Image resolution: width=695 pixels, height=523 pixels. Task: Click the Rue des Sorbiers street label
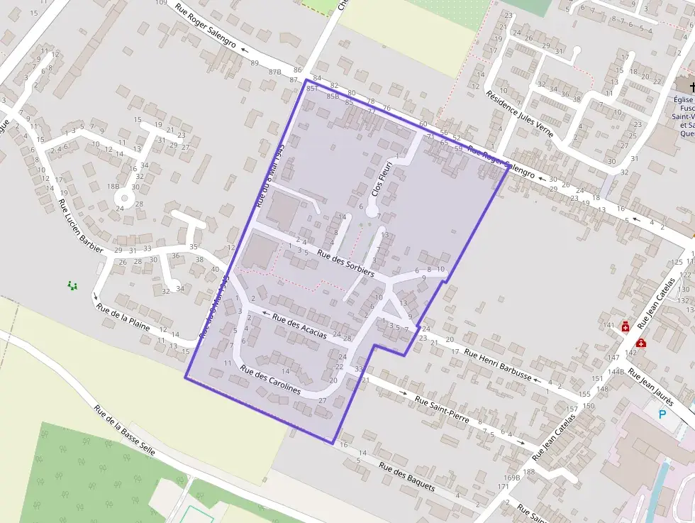345,263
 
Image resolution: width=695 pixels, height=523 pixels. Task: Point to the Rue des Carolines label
269,379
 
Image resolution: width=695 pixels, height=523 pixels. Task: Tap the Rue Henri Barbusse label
498,365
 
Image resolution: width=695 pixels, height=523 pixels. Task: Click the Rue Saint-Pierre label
442,409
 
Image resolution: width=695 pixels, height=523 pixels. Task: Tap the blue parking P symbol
663,414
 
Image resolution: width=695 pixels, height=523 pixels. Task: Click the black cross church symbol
692,87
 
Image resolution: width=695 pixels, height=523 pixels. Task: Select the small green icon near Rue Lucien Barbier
72,285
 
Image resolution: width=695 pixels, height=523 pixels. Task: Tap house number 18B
112,186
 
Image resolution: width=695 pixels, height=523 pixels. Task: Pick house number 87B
275,72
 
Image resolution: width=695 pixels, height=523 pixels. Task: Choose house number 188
529,471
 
